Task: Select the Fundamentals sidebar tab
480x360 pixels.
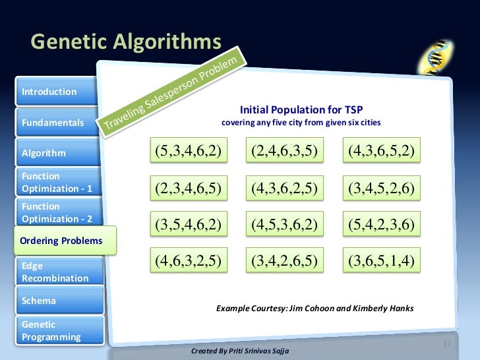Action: (x=53, y=123)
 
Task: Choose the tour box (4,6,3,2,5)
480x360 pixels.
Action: (x=187, y=261)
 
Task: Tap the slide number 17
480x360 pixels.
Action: (x=446, y=344)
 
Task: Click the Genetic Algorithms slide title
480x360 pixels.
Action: (x=126, y=42)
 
